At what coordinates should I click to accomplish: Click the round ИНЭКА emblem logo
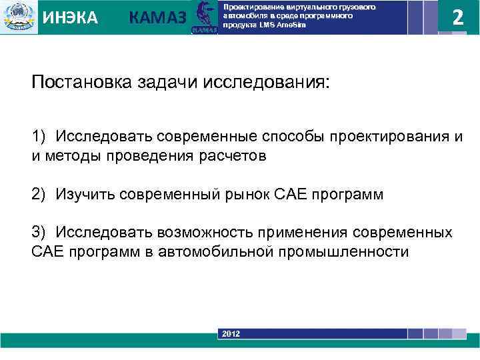click(19, 17)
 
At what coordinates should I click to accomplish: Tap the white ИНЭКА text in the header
click(70, 18)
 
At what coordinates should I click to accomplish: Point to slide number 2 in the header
click(457, 17)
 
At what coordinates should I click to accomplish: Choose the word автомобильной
click(220, 251)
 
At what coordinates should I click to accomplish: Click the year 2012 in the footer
click(231, 333)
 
